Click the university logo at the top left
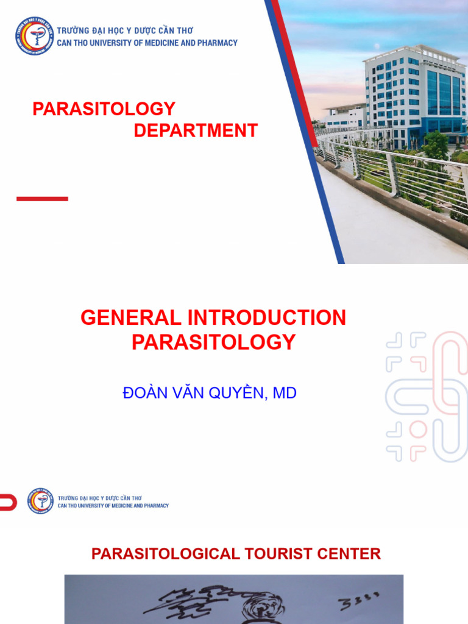coord(35,36)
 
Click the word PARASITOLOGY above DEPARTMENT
coord(104,109)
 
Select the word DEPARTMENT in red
coord(196,130)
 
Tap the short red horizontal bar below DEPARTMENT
coord(42,199)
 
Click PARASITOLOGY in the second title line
coord(213,342)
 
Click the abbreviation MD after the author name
coord(285,393)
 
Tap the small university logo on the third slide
coord(41,501)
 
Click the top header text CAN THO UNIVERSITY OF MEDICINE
coord(147,43)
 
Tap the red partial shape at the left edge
coord(7,502)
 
